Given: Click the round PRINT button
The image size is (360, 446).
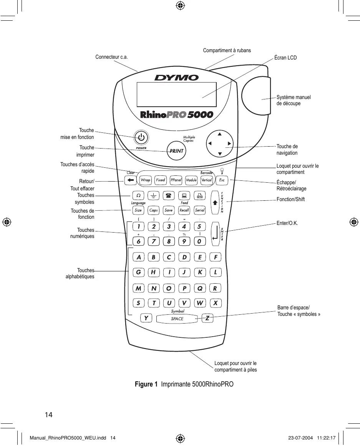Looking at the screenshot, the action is point(176,151).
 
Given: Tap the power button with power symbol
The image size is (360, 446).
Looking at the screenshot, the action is point(141,138).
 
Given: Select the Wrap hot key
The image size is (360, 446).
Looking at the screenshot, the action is point(146,180).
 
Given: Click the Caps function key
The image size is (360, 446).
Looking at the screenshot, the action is point(154,210).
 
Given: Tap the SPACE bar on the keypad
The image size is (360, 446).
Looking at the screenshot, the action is point(177,319).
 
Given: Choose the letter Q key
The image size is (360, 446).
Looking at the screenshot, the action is point(200,288).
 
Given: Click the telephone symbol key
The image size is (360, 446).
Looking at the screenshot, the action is point(169,195).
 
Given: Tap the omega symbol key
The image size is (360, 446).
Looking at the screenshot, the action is point(138,195).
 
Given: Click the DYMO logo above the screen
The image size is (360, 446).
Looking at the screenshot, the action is point(177,78).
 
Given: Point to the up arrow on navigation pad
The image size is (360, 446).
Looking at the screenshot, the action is point(220,134).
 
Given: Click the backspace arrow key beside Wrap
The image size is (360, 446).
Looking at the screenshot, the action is point(131,180).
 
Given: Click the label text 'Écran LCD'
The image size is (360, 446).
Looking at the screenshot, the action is point(285,58).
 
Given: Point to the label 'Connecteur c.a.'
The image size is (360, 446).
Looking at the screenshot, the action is point(112,57).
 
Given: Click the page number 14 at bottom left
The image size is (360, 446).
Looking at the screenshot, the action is point(49,415).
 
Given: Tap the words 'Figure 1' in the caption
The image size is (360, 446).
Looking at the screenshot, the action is point(146,384).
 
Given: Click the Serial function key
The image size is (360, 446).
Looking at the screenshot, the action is point(200,210).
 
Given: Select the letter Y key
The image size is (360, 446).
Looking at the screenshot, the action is point(146,318).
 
